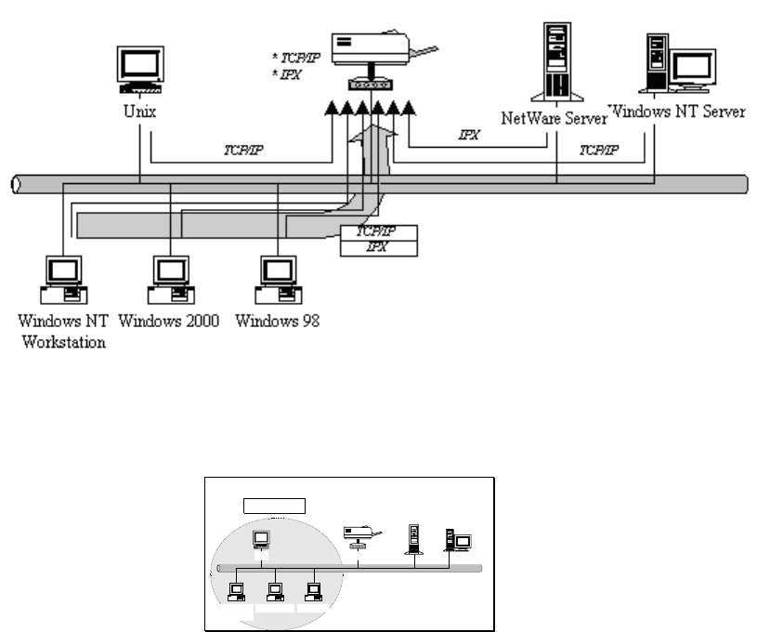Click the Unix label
pyautogui.click(x=139, y=111)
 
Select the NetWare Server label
pyautogui.click(x=555, y=118)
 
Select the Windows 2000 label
pyautogui.click(x=170, y=322)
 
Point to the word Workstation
pyautogui.click(x=62, y=341)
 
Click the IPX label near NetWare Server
pyautogui.click(x=470, y=135)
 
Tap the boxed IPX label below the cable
pyautogui.click(x=377, y=248)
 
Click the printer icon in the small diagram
pyautogui.click(x=359, y=535)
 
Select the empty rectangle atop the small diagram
pyautogui.click(x=275, y=505)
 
